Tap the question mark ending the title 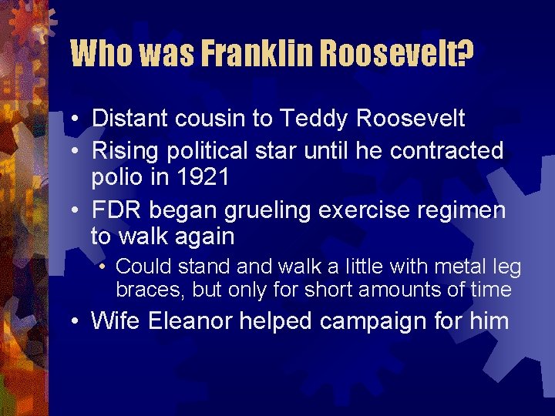[x=464, y=54]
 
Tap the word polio [x=117, y=177]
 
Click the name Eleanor [x=190, y=320]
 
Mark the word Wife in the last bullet [x=116, y=320]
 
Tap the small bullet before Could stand [x=103, y=268]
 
